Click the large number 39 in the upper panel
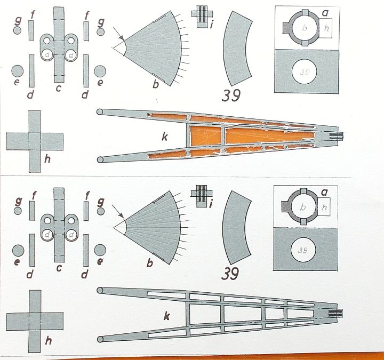point(231,95)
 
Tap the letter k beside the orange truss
point(165,137)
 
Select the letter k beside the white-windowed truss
point(166,316)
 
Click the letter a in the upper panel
point(325,13)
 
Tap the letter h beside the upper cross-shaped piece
point(47,158)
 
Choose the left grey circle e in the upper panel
point(18,71)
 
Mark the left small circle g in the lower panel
point(18,211)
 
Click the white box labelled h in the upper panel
point(325,28)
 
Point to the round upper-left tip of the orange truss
point(99,112)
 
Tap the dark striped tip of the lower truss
point(335,313)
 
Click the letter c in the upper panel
point(58,88)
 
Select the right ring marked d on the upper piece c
point(71,55)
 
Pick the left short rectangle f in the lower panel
point(32,211)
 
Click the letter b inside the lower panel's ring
point(303,207)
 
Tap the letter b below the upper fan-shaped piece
point(156,84)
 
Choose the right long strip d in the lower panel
point(86,250)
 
